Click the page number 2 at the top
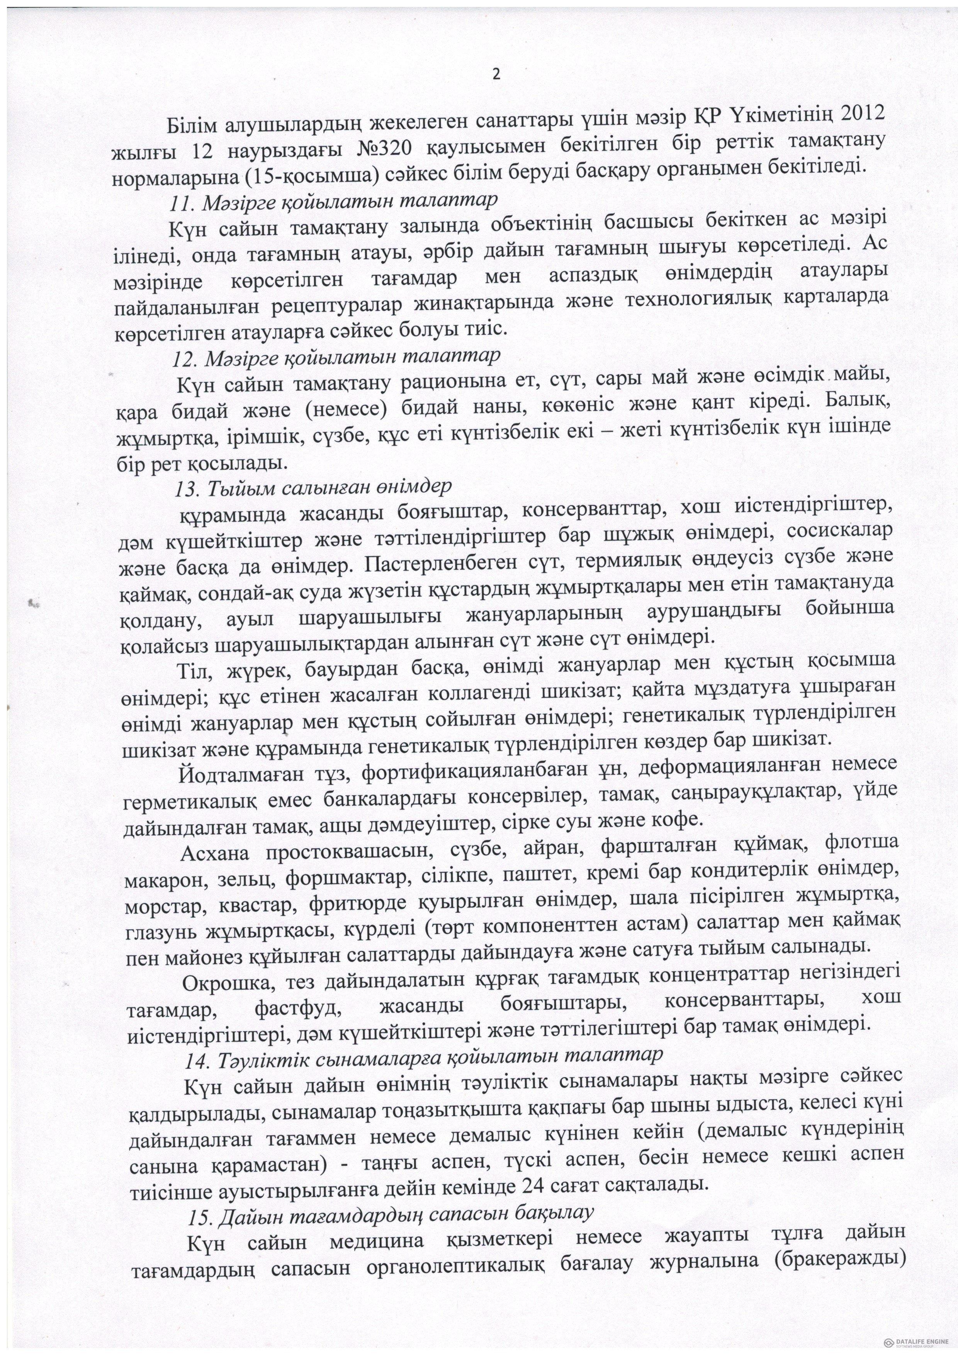(x=495, y=75)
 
